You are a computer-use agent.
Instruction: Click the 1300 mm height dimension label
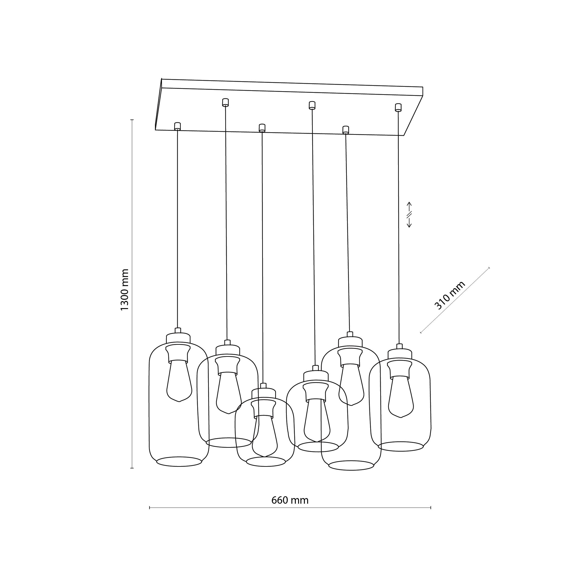[x=125, y=290]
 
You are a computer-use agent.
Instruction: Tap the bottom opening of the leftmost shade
[x=179, y=461]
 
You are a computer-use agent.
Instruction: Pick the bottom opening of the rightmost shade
[x=401, y=446]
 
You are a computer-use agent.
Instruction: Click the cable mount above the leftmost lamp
[x=177, y=126]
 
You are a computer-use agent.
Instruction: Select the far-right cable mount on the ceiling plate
[x=398, y=107]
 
